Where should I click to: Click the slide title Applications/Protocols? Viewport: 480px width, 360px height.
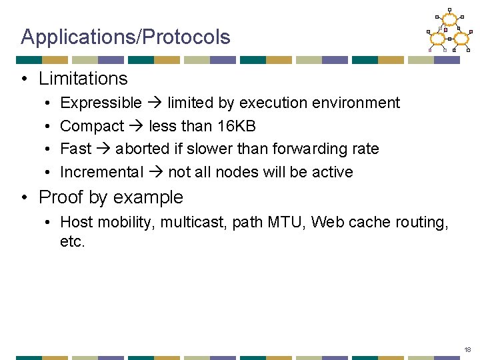[125, 37]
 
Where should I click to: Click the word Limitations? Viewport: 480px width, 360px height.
[83, 79]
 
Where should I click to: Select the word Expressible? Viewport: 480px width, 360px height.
[101, 103]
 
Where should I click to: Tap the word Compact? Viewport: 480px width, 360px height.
[92, 126]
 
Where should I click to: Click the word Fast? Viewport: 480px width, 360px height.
[75, 149]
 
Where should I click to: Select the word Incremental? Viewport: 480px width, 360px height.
[101, 172]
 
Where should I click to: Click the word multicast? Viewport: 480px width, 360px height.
[192, 222]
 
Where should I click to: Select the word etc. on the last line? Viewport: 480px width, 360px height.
[73, 241]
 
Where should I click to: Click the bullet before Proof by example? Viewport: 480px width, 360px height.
[25, 198]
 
